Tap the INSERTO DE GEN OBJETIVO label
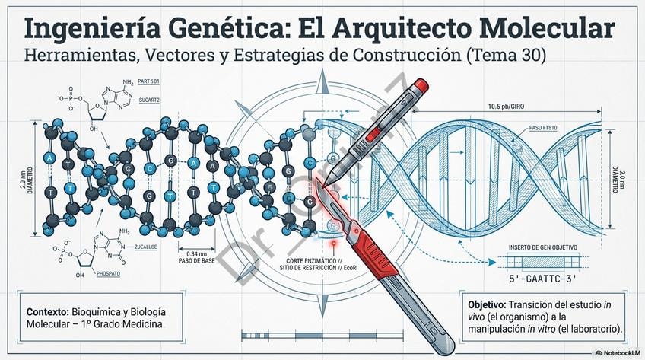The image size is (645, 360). point(543,248)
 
